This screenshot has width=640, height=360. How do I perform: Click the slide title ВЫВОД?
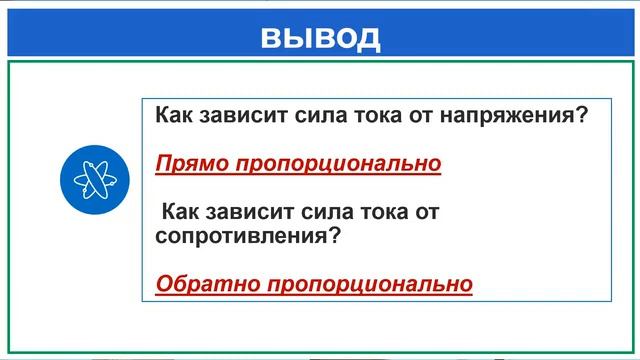click(x=320, y=37)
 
